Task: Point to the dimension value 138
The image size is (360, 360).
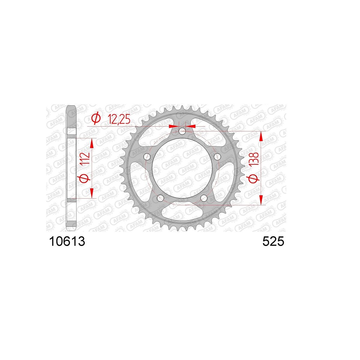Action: click(x=253, y=159)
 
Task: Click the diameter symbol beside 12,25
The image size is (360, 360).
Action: click(x=96, y=118)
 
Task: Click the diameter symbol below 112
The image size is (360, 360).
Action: click(x=85, y=178)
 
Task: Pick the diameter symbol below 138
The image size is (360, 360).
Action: click(x=254, y=179)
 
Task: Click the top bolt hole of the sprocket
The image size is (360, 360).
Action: click(x=182, y=131)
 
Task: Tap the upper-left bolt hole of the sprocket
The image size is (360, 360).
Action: click(x=148, y=157)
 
